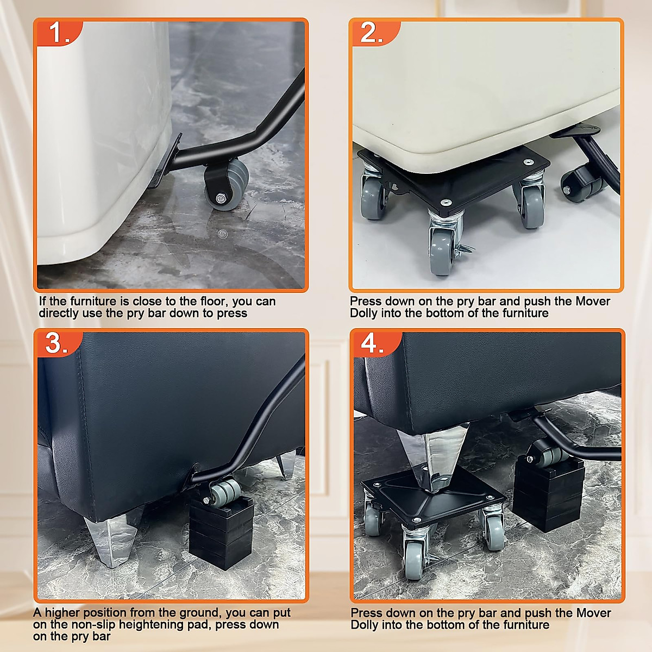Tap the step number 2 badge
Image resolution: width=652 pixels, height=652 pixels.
click(372, 33)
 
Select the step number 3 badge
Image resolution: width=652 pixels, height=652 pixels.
click(57, 343)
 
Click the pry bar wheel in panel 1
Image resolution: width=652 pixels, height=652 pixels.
click(226, 185)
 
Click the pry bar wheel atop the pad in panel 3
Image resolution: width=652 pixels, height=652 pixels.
click(224, 493)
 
